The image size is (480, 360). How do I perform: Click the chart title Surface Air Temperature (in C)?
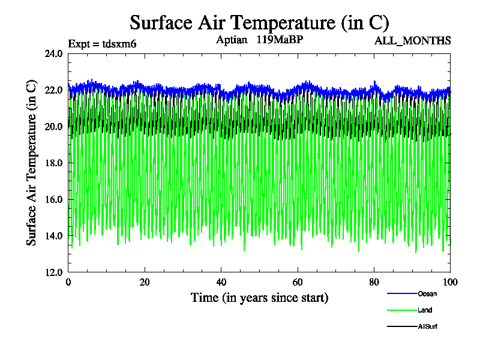pyautogui.click(x=259, y=23)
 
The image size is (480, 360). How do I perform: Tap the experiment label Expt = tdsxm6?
pyautogui.click(x=103, y=43)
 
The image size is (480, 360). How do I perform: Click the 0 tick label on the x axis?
pyautogui.click(x=68, y=282)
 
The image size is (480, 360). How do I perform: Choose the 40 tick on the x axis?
pyautogui.click(x=221, y=282)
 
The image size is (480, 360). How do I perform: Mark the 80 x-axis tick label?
pyautogui.click(x=374, y=282)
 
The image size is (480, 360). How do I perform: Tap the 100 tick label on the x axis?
pyautogui.click(x=449, y=282)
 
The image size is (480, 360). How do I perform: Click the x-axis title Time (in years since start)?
pyautogui.click(x=259, y=298)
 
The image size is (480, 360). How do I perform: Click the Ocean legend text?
pyautogui.click(x=427, y=294)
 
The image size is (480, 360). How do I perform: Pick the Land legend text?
pyautogui.click(x=425, y=310)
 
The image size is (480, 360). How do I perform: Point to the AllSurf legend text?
pyautogui.click(x=428, y=326)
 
